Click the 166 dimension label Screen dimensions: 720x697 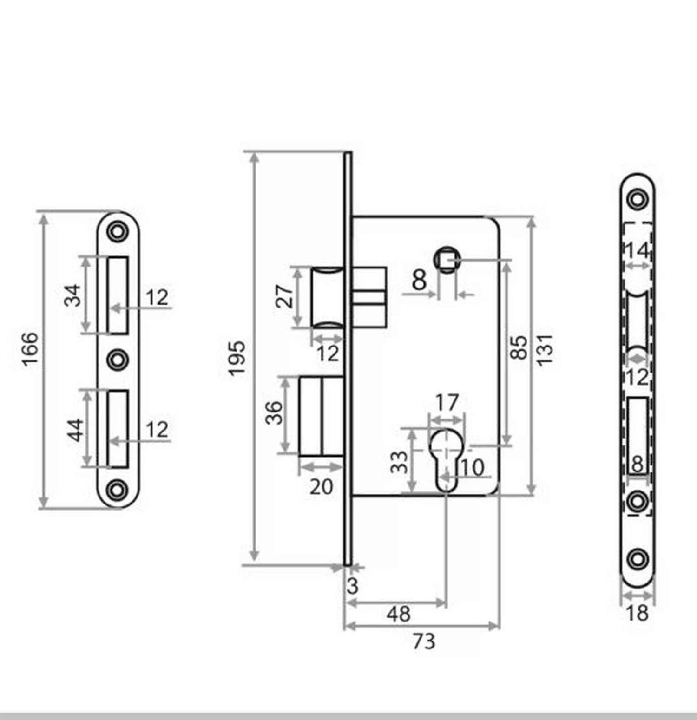coord(30,349)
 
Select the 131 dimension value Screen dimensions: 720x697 coord(545,350)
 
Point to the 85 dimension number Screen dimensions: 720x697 coord(519,347)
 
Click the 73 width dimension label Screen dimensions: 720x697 coord(424,641)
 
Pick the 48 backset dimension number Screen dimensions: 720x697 coord(399,615)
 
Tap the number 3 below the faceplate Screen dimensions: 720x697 coord(353,586)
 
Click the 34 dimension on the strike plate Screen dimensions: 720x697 coord(72,296)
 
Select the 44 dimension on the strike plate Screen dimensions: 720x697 coord(76,430)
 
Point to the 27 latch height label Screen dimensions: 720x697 coord(284,296)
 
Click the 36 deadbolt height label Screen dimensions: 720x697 coord(274,413)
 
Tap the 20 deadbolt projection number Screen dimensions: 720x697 coord(321,487)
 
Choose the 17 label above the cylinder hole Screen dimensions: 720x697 coord(447,402)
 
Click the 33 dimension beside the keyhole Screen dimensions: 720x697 coord(399,463)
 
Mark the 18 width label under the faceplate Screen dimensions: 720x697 coord(637,613)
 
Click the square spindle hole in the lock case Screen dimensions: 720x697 coord(447,260)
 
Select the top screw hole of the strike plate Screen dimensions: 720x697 coord(117,231)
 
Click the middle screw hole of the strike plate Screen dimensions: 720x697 coord(117,360)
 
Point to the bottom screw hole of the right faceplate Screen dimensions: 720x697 coord(638,559)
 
